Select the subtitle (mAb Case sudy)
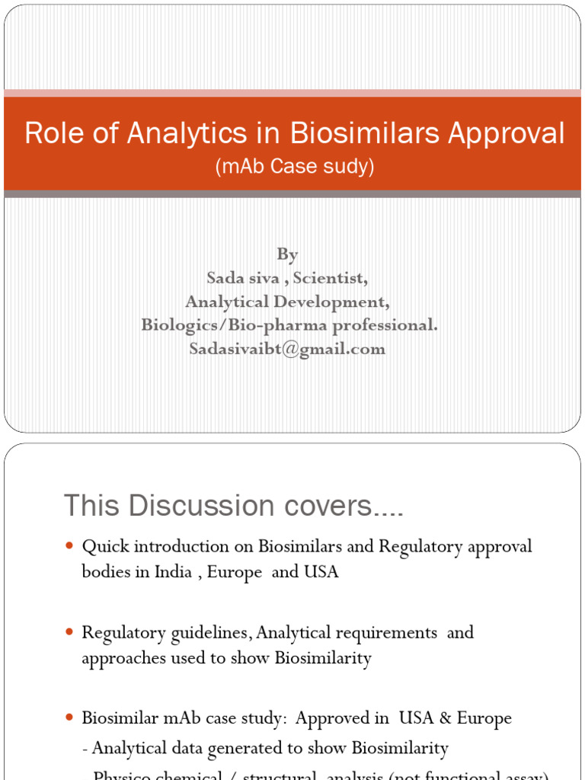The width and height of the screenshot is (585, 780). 295,167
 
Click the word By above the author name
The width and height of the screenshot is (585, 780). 287,254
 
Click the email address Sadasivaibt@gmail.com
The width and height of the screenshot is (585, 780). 287,349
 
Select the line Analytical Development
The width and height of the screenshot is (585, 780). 287,302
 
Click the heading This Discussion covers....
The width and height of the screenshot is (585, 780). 233,506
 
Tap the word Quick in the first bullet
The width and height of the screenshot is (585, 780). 103,547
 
